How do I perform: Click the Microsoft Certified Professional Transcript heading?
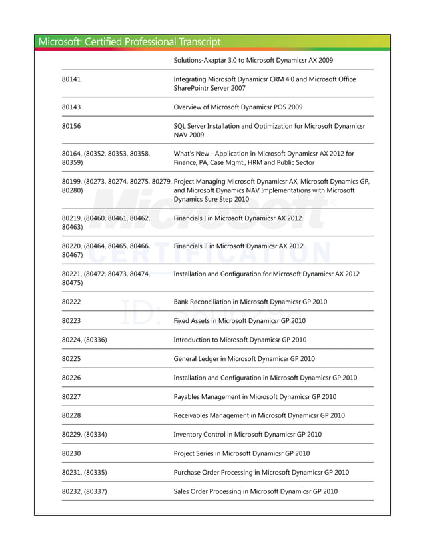(130, 42)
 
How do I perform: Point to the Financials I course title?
(238, 218)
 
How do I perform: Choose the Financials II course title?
(238, 246)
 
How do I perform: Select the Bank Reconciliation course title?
(250, 302)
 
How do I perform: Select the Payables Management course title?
(254, 396)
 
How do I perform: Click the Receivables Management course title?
(259, 415)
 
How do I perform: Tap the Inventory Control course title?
(247, 434)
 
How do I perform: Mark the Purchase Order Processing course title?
(261, 473)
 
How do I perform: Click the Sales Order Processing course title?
(255, 491)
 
